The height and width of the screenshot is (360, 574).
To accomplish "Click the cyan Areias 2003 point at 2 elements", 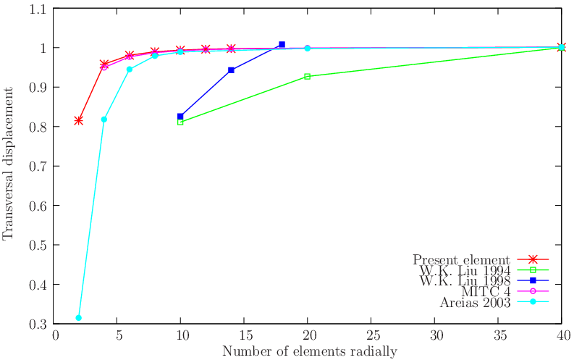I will click(x=78, y=317).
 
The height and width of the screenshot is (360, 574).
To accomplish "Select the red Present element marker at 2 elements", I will click(x=78, y=120).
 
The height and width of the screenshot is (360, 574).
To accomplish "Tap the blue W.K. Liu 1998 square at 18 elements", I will click(x=282, y=45).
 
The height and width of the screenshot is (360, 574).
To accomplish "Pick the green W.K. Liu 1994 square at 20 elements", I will click(x=307, y=76).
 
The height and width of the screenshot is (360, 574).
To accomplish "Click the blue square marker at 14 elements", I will click(x=231, y=70).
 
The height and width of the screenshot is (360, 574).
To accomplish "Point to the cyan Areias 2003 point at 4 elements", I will click(x=104, y=119).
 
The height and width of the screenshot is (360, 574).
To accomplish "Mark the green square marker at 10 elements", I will click(x=180, y=122).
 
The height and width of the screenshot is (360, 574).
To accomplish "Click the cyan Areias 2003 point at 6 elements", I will click(x=130, y=70).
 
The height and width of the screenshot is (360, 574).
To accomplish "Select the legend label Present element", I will click(x=462, y=259).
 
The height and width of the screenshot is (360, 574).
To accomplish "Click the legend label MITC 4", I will click(x=486, y=291).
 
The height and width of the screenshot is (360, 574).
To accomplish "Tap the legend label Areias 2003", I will click(x=476, y=302).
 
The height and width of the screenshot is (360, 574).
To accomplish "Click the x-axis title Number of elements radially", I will click(x=309, y=351).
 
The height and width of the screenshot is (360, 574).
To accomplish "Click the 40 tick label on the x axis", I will click(x=561, y=335).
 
